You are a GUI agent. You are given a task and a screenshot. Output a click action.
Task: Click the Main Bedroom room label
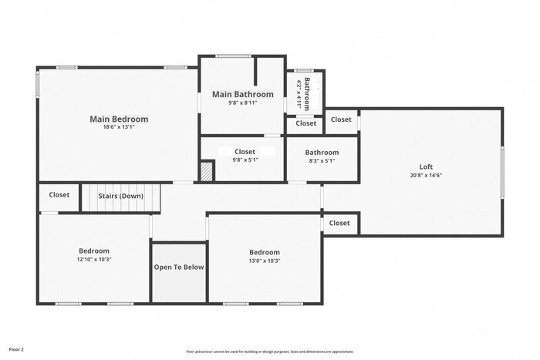pos(119,119)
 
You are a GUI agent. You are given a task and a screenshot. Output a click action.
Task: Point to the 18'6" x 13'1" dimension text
pos(119,128)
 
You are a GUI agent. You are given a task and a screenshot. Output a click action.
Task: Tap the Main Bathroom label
pos(243,94)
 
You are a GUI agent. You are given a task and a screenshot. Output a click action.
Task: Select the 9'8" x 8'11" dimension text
pos(243,103)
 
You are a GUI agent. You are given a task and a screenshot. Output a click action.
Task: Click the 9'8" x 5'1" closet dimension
pos(245,161)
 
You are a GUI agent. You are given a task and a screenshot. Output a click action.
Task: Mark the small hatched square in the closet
pos(206,171)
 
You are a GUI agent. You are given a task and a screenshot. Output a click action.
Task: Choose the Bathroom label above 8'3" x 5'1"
pos(322,153)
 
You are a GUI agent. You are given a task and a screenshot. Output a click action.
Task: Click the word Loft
pos(426,167)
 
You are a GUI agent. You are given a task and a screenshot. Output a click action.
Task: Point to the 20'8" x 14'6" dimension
pos(426,175)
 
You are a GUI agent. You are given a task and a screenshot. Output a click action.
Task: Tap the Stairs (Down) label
pos(121,196)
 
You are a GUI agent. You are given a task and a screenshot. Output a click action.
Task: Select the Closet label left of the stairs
pos(59,195)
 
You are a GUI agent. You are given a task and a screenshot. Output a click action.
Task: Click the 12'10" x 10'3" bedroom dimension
pos(94,260)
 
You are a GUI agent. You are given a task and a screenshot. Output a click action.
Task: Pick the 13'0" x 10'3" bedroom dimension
pos(264,261)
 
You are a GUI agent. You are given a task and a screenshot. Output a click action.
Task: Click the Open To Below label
pos(179,267)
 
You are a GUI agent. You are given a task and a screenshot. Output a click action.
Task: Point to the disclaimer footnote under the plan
pos(269,351)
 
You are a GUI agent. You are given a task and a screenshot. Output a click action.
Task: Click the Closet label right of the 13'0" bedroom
pos(339,223)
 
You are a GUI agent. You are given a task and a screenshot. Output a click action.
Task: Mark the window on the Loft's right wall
pos(502,171)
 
